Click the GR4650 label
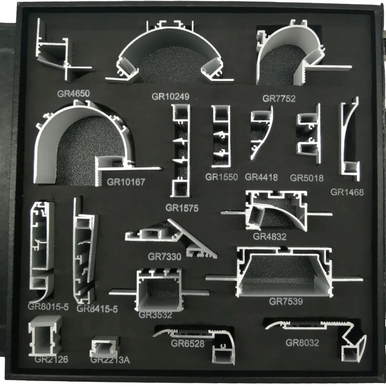[73, 94]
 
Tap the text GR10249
[170, 97]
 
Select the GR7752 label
[279, 99]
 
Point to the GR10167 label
[126, 182]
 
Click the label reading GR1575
[182, 208]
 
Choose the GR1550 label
[221, 177]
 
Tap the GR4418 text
[261, 177]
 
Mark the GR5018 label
[307, 178]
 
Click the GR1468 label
[347, 192]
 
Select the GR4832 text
[269, 236]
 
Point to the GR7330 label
[164, 256]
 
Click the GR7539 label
[286, 302]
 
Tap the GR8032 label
[302, 343]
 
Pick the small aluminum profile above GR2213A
[104, 346]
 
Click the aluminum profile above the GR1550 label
[221, 136]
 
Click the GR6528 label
[188, 344]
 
